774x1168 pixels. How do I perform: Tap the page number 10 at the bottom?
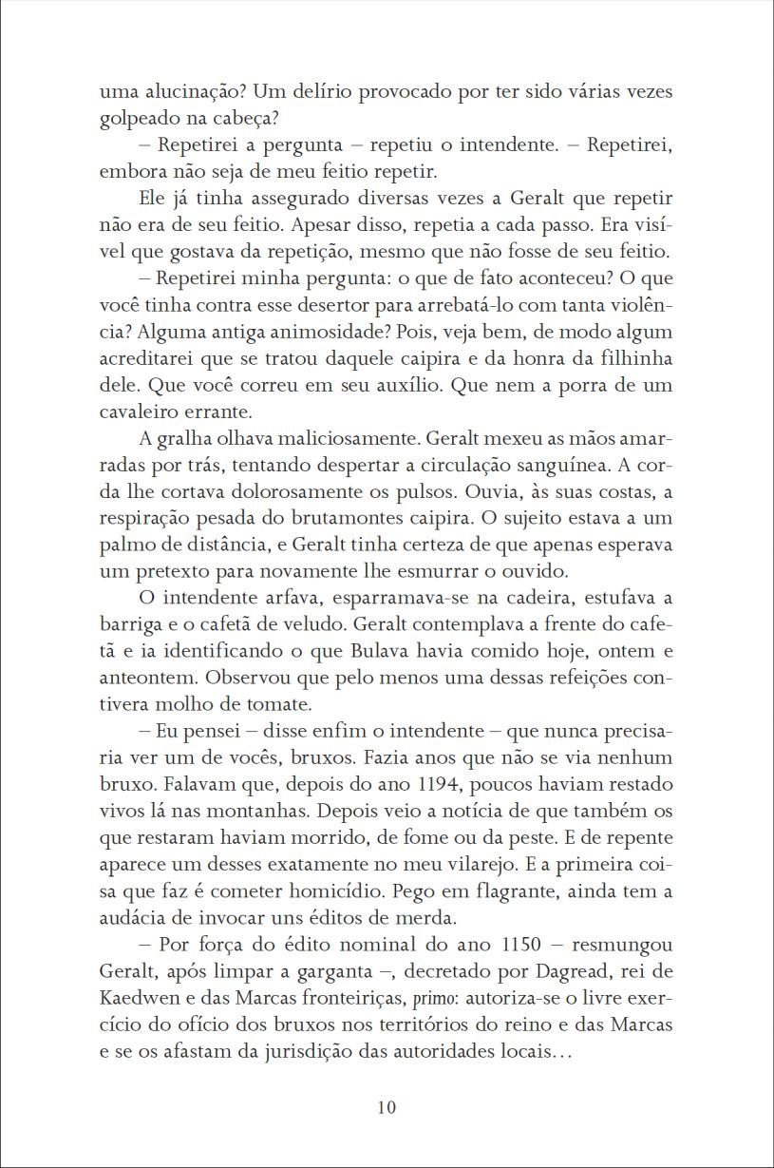point(387,1108)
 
